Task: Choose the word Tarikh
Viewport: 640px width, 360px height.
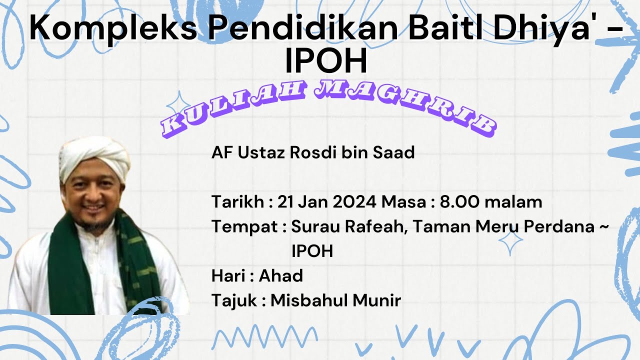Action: pos(237,202)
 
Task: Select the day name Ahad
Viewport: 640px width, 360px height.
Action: pos(281,275)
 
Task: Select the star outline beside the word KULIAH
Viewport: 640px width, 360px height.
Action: pos(176,104)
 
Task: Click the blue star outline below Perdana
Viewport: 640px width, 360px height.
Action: pos(510,244)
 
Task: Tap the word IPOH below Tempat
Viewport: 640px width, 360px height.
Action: pos(312,251)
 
